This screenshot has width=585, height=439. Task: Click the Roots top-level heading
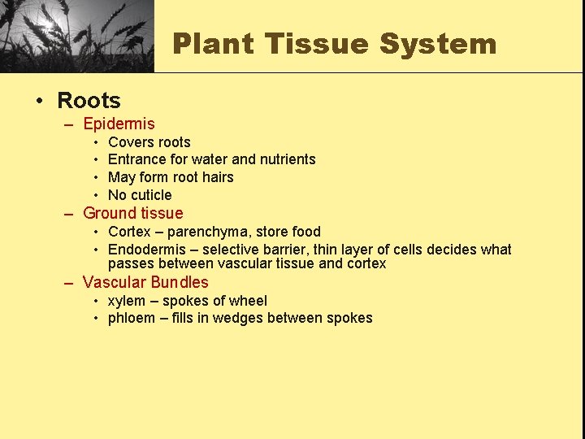(x=89, y=101)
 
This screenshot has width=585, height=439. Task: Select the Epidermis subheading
(x=119, y=124)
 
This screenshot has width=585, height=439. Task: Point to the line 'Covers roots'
(x=149, y=142)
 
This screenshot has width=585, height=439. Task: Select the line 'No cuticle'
(x=140, y=195)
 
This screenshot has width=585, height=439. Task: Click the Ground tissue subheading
(x=133, y=214)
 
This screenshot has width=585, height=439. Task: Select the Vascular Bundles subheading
(x=145, y=283)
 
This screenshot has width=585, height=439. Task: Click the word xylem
(x=127, y=301)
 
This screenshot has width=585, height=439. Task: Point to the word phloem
(x=132, y=318)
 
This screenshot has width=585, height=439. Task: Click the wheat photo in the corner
(x=76, y=36)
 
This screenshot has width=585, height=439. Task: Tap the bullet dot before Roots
(x=38, y=102)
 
